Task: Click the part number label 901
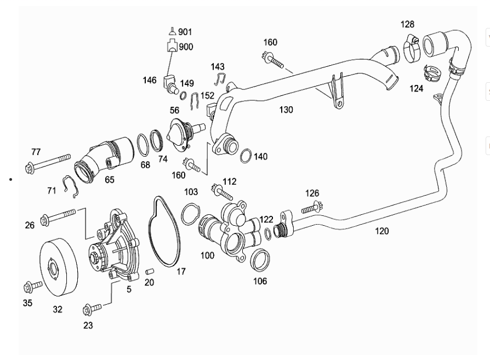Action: coord(185,32)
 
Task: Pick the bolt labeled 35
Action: coord(33,286)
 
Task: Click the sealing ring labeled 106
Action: coord(260,260)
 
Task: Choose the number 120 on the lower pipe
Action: coord(382,231)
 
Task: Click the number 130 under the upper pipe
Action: coord(286,110)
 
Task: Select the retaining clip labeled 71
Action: coord(72,186)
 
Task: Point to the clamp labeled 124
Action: coord(431,72)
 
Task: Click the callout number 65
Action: coord(110,179)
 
